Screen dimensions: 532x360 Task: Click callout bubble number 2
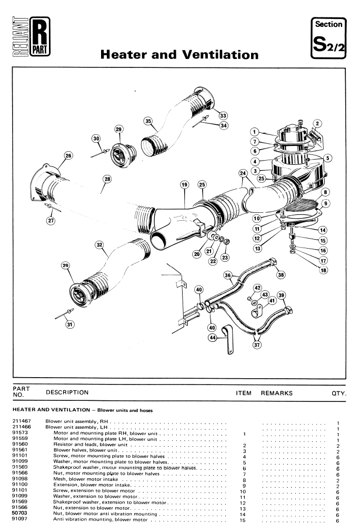pyautogui.click(x=317, y=123)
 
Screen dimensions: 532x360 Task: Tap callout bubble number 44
pyautogui.click(x=214, y=338)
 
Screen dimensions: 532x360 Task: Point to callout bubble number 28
pyautogui.click(x=107, y=180)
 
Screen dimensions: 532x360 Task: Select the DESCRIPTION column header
pyautogui.click(x=67, y=392)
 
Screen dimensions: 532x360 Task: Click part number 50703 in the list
pyautogui.click(x=18, y=510)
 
